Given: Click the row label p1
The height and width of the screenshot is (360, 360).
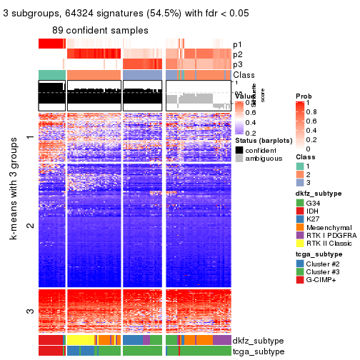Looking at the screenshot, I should coord(237,44).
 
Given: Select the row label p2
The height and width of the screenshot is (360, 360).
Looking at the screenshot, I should coord(237,54).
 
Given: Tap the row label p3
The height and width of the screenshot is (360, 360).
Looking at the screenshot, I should coord(237,65).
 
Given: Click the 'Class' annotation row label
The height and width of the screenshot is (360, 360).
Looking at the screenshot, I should coord(244,76).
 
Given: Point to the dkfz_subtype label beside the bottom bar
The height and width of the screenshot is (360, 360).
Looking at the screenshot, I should coord(257,340).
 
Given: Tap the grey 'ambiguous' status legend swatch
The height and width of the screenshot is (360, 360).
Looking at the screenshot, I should coord(239,159).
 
